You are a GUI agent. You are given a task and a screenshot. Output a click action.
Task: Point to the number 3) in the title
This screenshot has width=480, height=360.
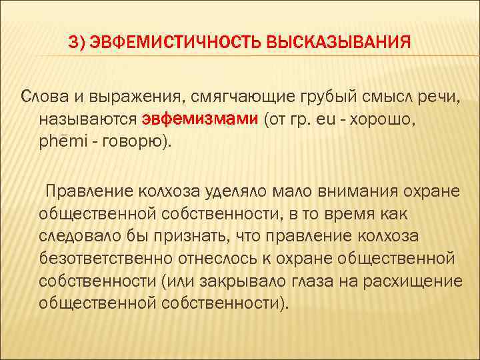coord(78,44)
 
